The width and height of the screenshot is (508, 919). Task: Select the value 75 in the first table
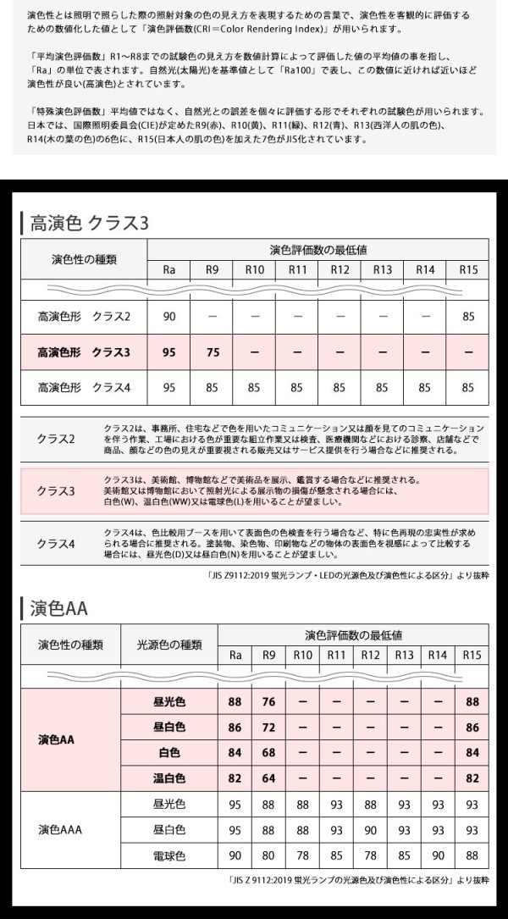tap(212, 352)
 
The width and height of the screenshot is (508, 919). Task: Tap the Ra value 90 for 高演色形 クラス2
tap(169, 316)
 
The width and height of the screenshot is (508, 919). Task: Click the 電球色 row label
tap(168, 855)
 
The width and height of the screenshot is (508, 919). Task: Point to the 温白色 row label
tap(168, 778)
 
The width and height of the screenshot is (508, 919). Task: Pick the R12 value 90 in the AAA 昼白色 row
tap(370, 829)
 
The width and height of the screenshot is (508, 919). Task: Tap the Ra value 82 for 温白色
tap(235, 778)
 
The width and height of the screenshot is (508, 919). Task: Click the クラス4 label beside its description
tap(56, 543)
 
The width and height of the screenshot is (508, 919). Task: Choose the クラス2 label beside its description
tap(56, 439)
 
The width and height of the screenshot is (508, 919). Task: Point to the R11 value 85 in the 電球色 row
tap(337, 855)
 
